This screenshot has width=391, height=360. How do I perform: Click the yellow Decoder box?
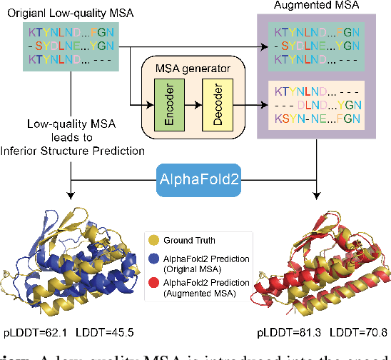coord(215,104)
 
